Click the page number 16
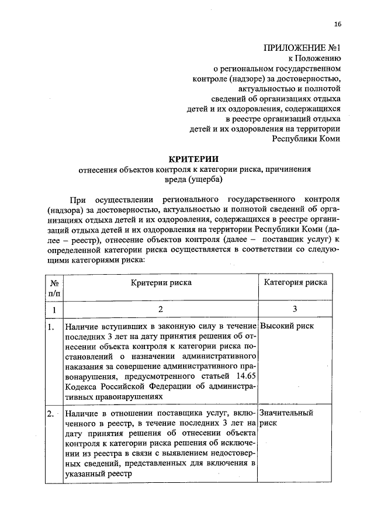pyautogui.click(x=337, y=24)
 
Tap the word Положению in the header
pyautogui.click(x=320, y=58)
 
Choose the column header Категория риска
pyautogui.click(x=295, y=282)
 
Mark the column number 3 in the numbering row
pyautogui.click(x=295, y=309)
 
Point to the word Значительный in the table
pyautogui.click(x=286, y=413)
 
